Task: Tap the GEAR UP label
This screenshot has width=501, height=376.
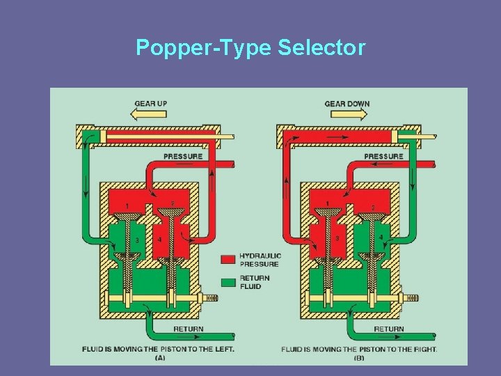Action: pos(150,104)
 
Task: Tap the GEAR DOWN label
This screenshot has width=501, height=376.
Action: pos(347,104)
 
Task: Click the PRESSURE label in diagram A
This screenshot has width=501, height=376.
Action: pos(183,157)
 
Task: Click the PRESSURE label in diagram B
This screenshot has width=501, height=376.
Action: pos(383,157)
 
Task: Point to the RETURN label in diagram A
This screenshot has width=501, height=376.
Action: pos(188,329)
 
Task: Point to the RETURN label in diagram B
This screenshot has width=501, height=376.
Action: pos(388,329)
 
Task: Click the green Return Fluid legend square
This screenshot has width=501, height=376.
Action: pos(228,282)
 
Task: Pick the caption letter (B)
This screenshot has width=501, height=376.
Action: pos(359,358)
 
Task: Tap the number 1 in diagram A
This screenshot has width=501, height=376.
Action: pos(126,206)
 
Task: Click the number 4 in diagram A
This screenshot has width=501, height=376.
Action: pos(159,240)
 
